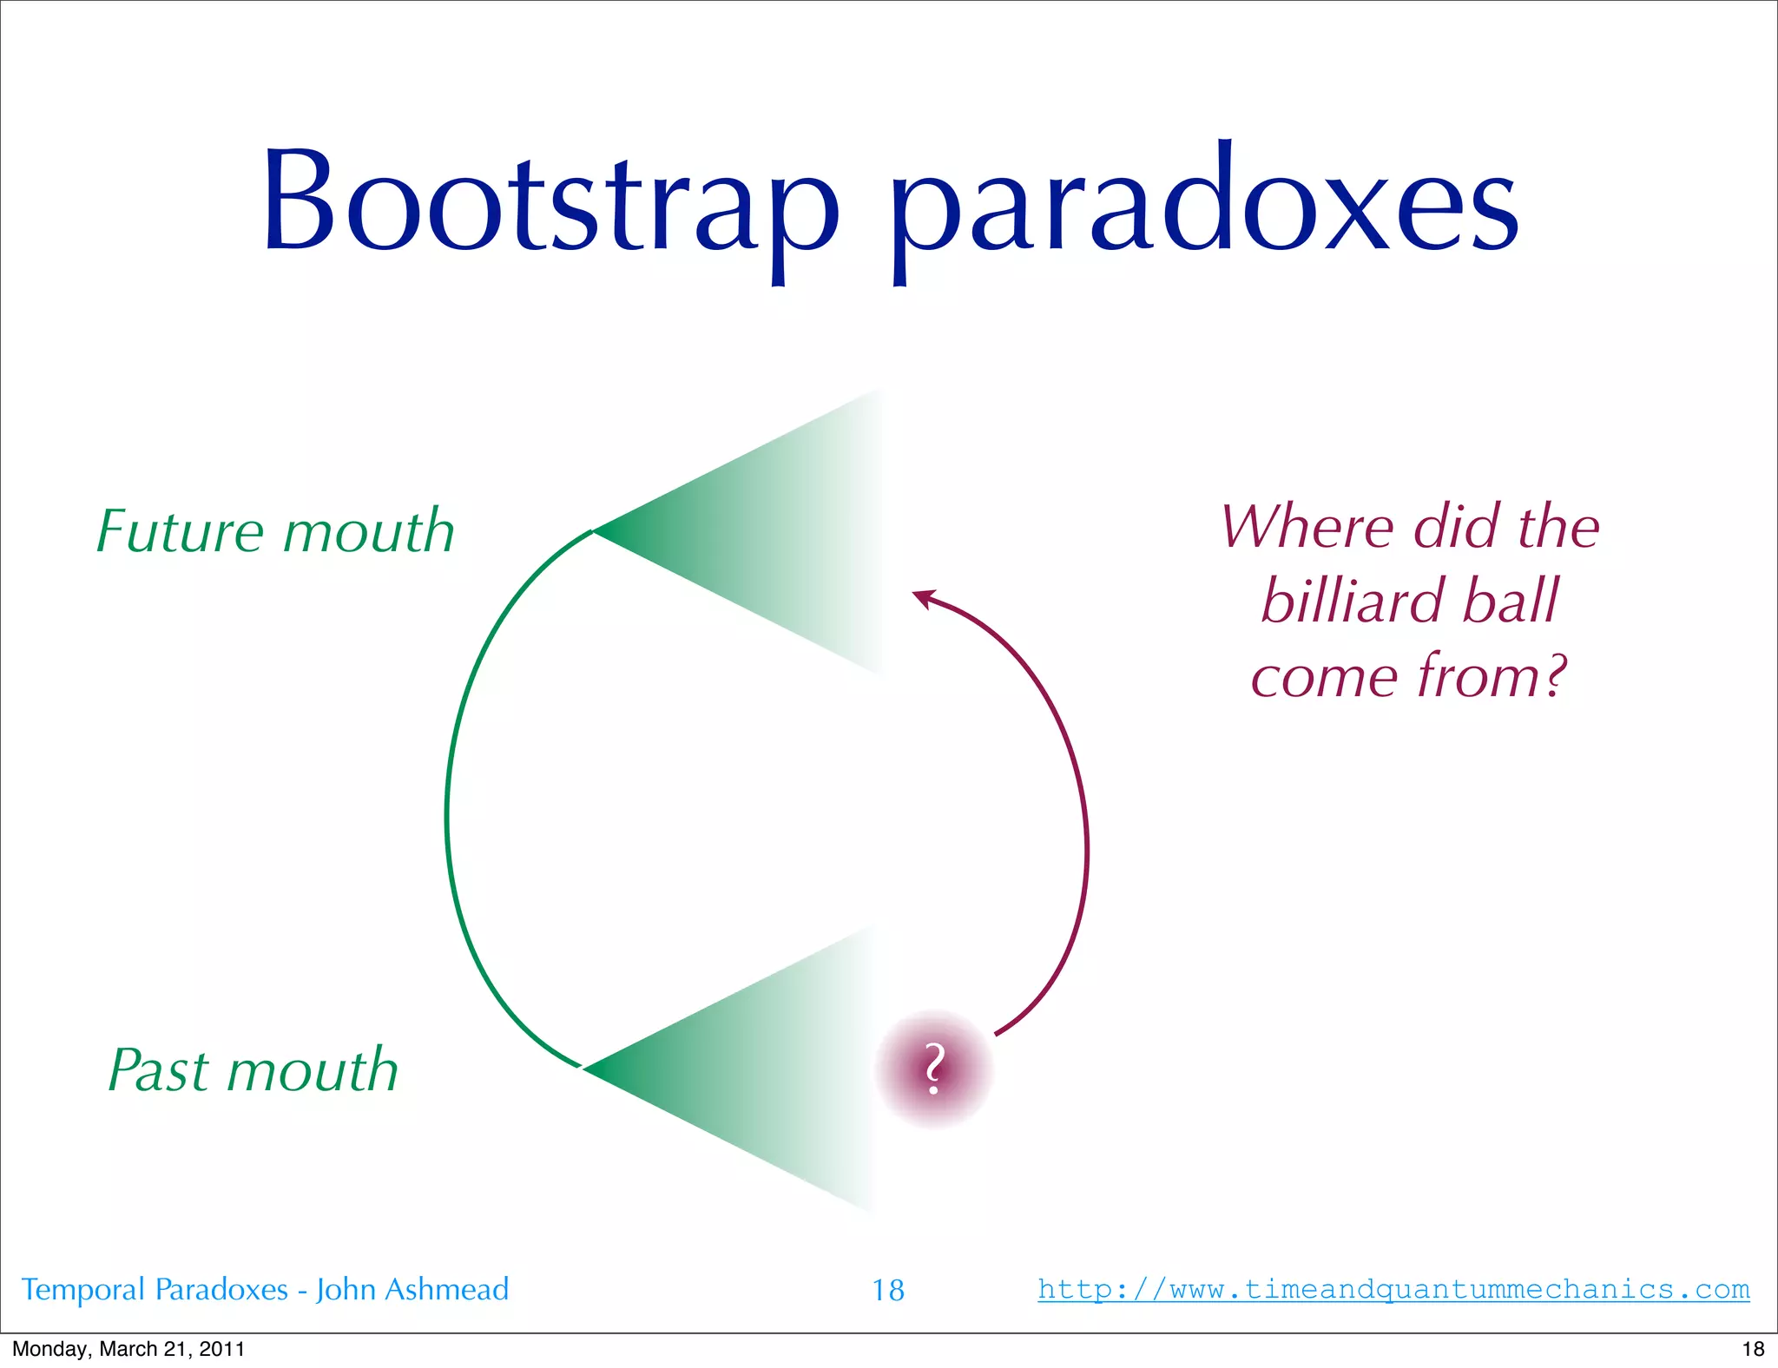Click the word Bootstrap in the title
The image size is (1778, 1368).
click(x=550, y=204)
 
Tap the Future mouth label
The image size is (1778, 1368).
click(x=275, y=531)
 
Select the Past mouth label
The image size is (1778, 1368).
click(x=253, y=1069)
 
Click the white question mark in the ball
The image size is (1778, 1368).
click(x=933, y=1069)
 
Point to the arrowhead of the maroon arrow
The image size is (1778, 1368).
click(x=921, y=596)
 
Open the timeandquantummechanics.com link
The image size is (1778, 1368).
click(x=1393, y=1288)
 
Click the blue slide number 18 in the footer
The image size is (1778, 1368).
click(x=887, y=1290)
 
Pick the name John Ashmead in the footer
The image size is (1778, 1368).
click(x=412, y=1290)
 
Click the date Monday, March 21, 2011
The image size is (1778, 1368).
click(x=128, y=1348)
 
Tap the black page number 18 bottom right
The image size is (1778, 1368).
click(x=1753, y=1348)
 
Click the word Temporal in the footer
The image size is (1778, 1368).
click(x=83, y=1290)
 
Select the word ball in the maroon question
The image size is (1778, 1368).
click(x=1511, y=601)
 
